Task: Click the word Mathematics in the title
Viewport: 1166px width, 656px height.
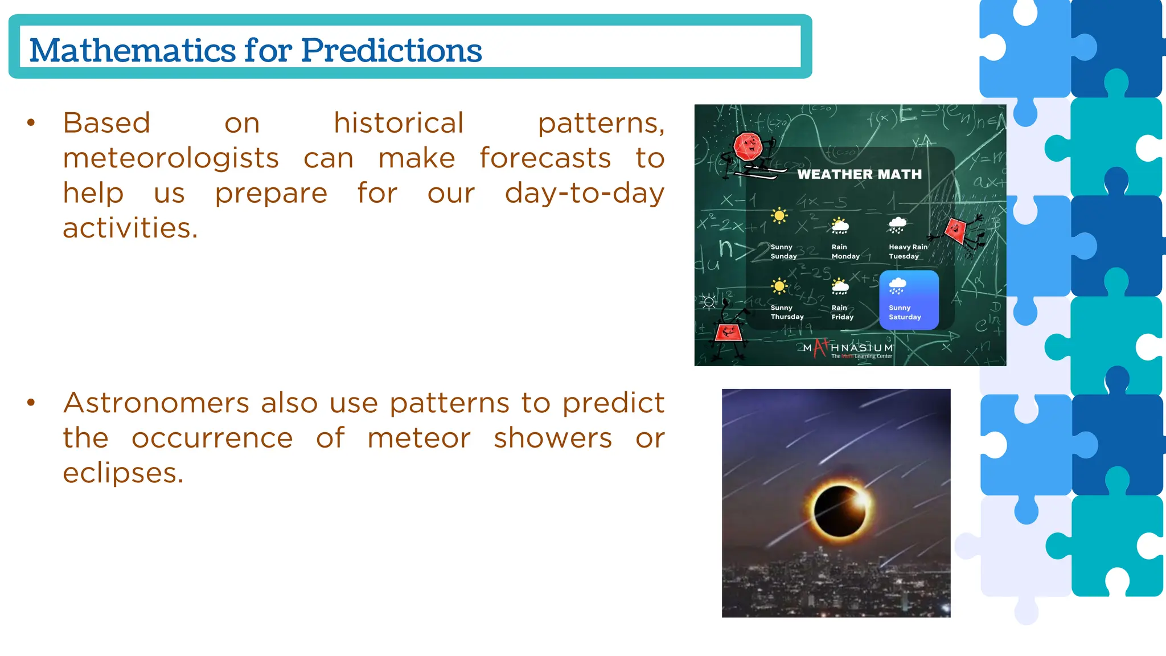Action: click(x=132, y=50)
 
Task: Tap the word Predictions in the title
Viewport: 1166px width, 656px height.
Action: click(x=391, y=50)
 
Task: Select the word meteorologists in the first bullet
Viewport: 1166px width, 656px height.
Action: click(x=171, y=158)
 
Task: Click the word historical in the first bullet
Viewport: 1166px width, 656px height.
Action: click(x=399, y=124)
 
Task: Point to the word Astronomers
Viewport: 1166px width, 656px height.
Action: click(x=156, y=403)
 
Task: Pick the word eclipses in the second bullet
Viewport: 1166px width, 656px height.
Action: click(x=123, y=473)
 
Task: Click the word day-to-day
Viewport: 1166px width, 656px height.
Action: click(x=584, y=193)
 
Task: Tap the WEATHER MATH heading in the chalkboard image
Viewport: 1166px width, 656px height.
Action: click(x=859, y=174)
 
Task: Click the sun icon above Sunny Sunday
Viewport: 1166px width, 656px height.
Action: click(x=779, y=216)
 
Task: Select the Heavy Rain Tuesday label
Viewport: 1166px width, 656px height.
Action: click(x=908, y=252)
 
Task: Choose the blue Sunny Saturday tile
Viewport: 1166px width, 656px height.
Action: click(x=909, y=300)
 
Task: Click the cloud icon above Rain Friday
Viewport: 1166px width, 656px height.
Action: click(x=840, y=286)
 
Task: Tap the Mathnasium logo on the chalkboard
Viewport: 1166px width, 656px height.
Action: click(x=848, y=348)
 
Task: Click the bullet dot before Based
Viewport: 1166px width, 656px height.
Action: click(x=31, y=123)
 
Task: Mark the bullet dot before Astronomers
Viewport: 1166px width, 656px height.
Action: click(x=31, y=403)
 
